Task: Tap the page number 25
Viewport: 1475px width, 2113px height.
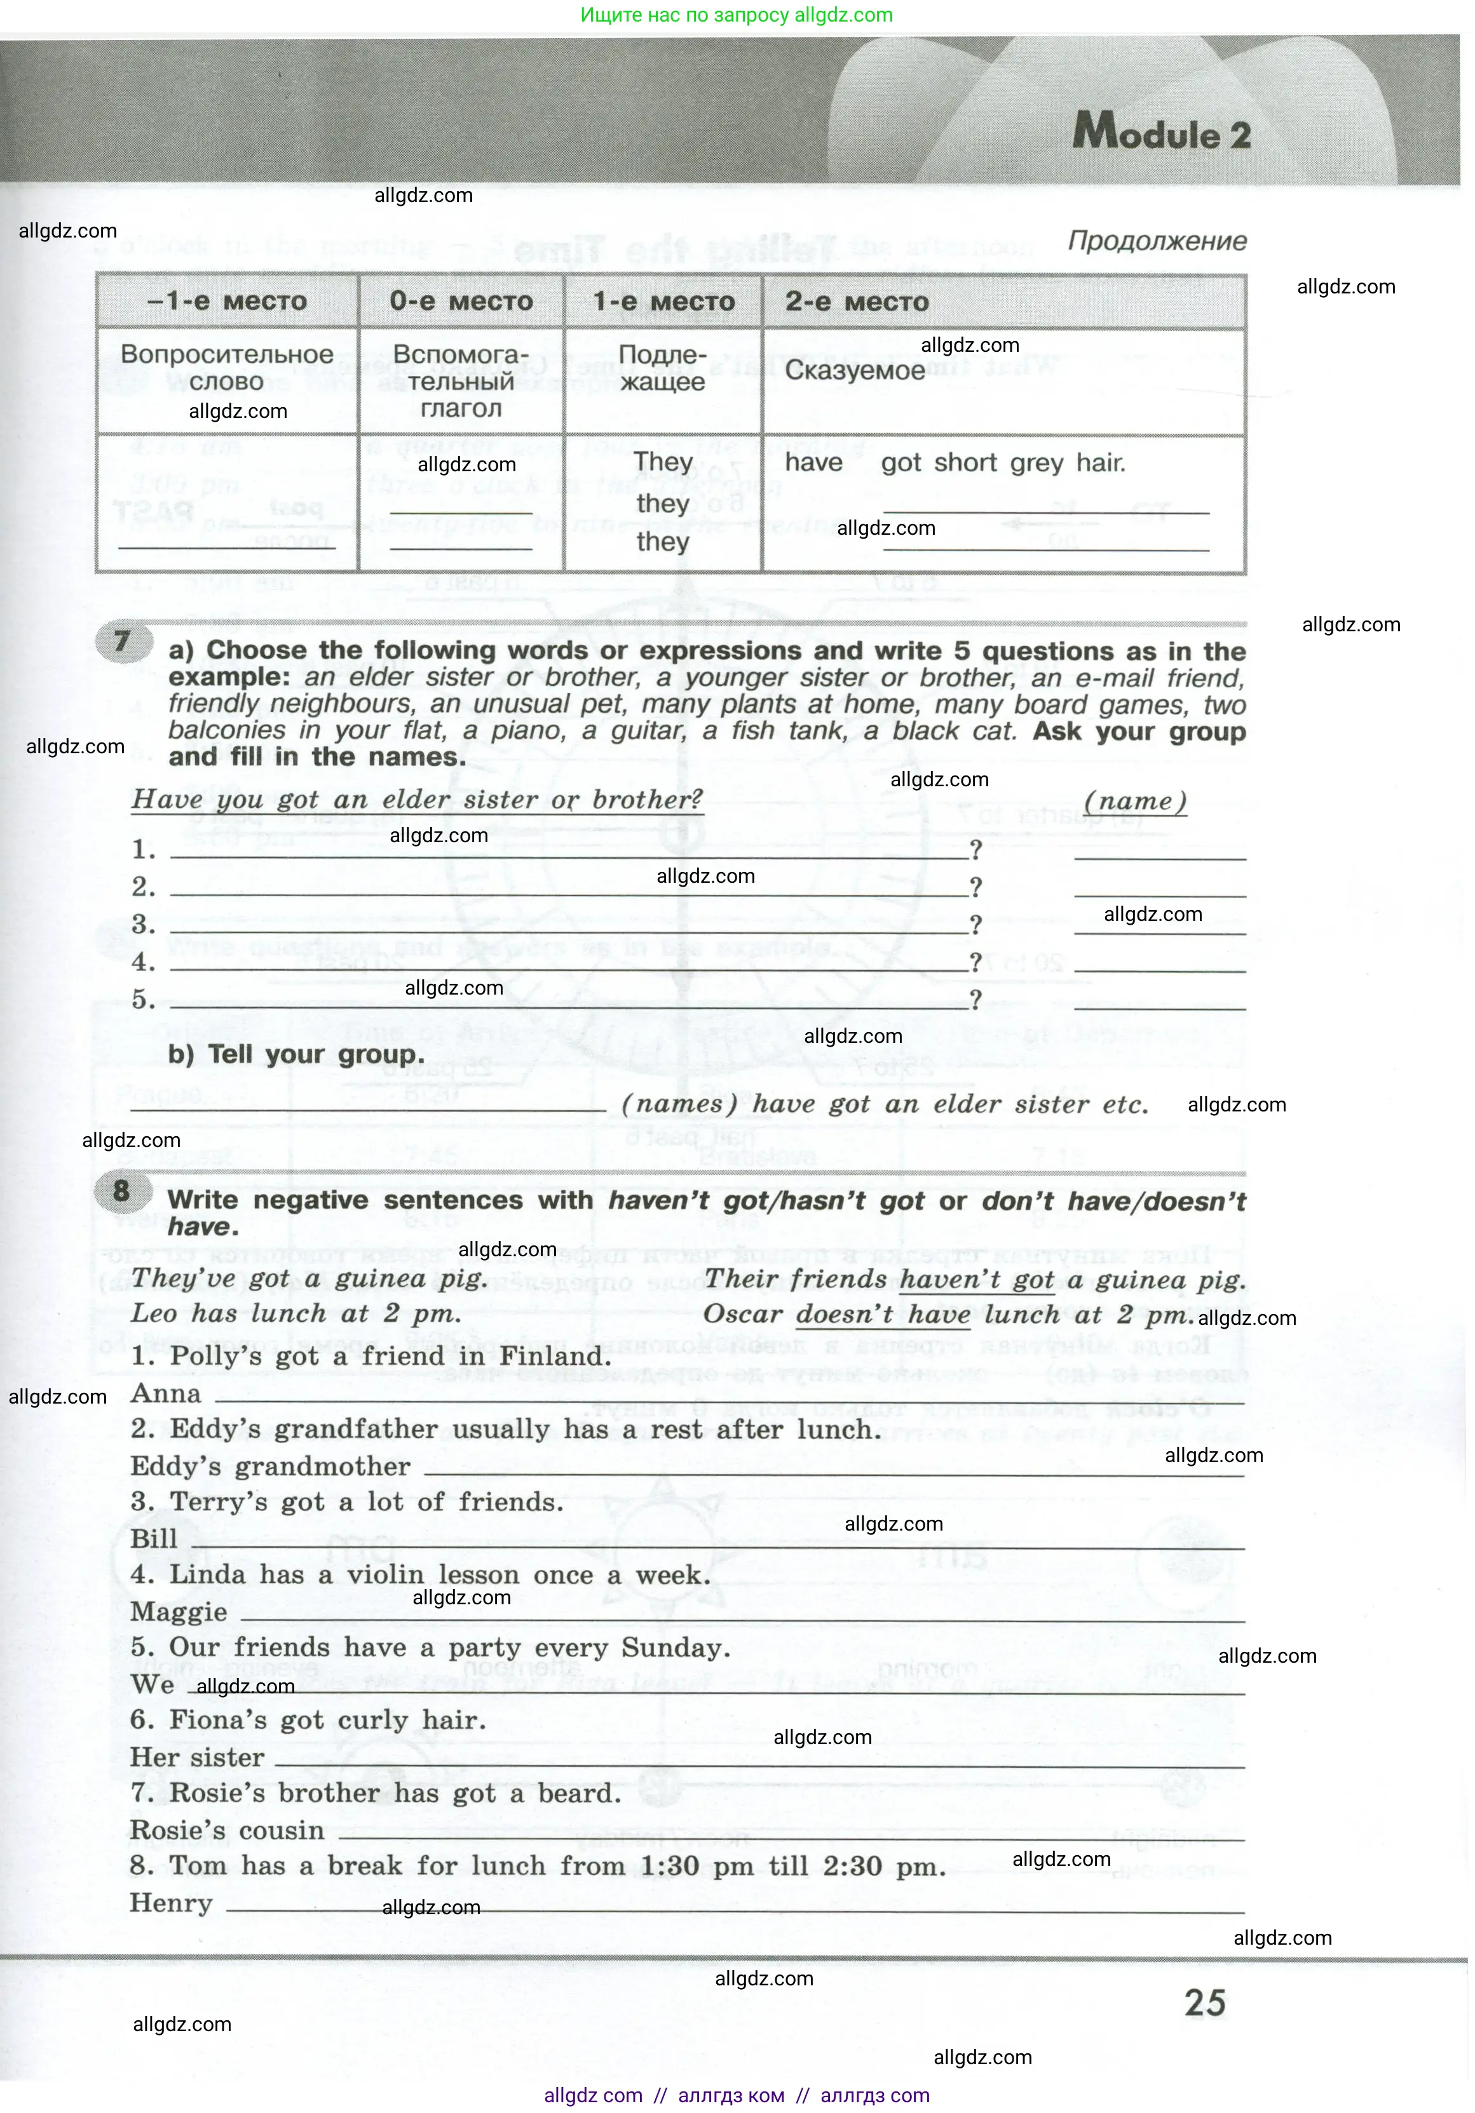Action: coord(1204,2002)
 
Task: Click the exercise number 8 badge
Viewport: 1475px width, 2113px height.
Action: coord(121,1191)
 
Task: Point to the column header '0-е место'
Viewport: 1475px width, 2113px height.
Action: coord(460,301)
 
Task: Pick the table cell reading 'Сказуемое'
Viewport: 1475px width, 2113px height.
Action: coord(854,370)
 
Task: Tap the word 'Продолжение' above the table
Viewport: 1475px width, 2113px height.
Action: coord(1157,241)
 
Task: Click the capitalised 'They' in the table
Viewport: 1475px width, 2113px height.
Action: coord(663,462)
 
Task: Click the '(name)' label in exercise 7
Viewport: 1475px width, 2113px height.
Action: coord(1134,801)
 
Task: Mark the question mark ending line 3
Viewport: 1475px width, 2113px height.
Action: coord(975,924)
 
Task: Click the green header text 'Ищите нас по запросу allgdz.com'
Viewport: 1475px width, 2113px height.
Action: coord(737,15)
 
